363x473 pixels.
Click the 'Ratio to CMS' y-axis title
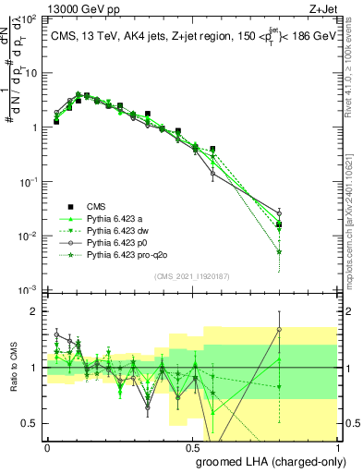(x=17, y=368)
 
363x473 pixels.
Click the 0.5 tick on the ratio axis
(x=31, y=423)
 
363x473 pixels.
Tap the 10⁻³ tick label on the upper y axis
(x=30, y=290)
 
